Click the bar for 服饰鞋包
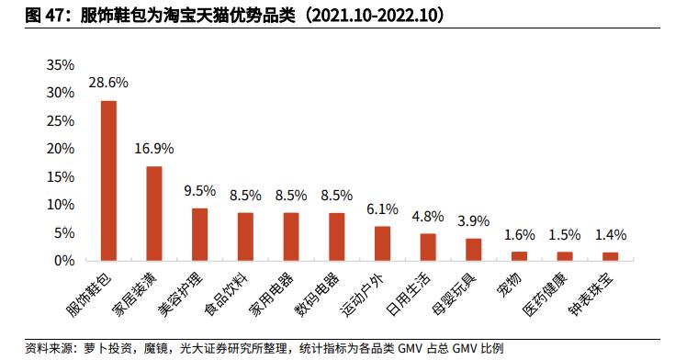click(x=108, y=181)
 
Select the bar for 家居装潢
click(x=154, y=213)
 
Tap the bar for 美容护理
click(x=199, y=234)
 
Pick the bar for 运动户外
click(x=382, y=243)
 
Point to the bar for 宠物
click(x=519, y=256)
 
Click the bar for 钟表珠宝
click(x=610, y=256)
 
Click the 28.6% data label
click(x=107, y=83)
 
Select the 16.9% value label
click(x=153, y=148)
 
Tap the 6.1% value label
click(x=382, y=208)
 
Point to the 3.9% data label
click(x=473, y=221)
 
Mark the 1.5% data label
click(x=564, y=234)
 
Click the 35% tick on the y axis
click(x=60, y=65)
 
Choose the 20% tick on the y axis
click(x=60, y=149)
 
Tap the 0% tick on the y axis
click(x=63, y=261)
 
